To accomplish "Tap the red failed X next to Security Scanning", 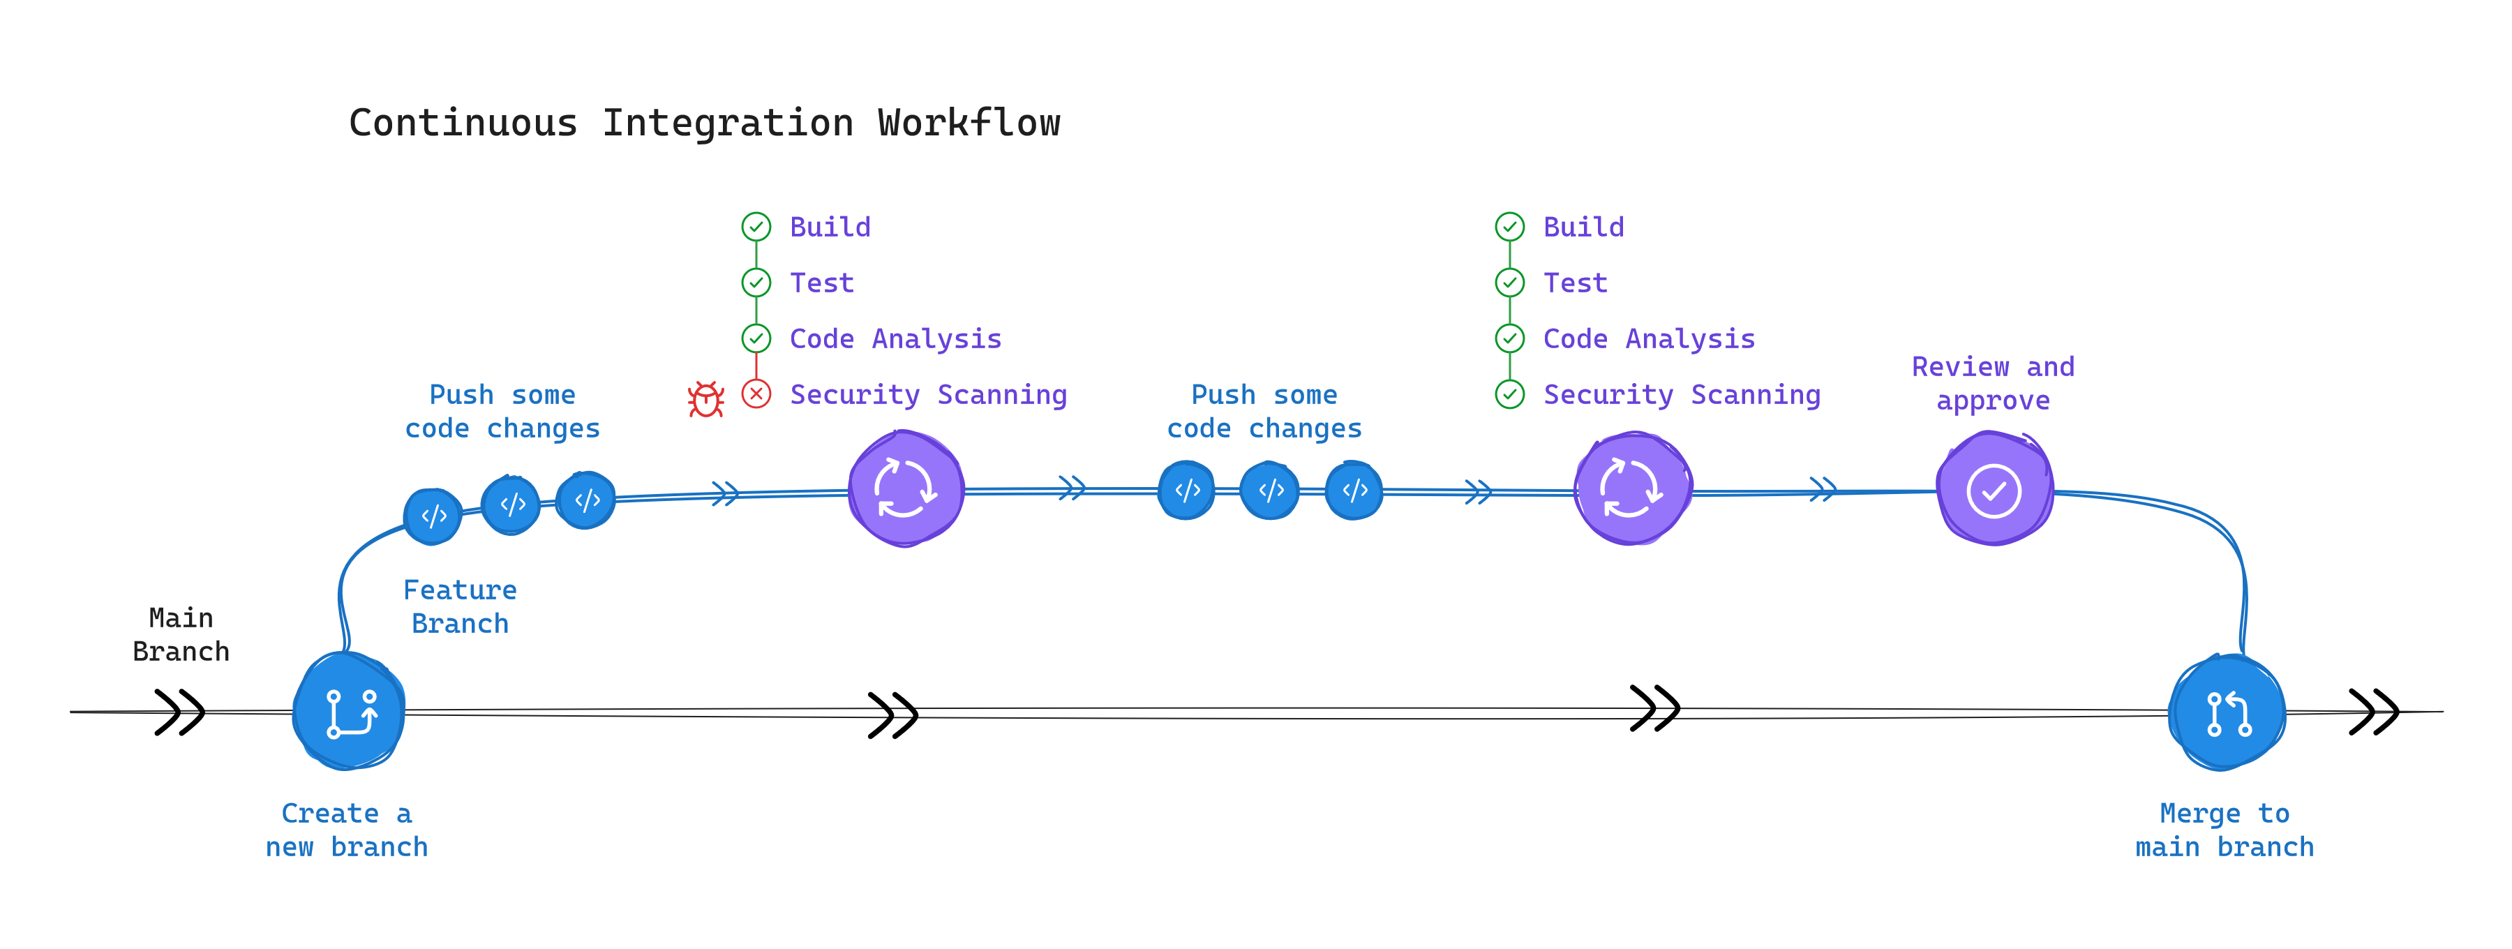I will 756,394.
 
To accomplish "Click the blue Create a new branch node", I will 349,711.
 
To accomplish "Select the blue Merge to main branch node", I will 2227,713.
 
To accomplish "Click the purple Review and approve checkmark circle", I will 1994,490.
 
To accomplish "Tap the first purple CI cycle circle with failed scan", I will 905,488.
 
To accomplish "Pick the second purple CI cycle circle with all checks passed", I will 1631,488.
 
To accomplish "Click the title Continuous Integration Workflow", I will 704,123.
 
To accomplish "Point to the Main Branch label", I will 181,634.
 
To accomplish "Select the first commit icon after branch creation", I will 433,515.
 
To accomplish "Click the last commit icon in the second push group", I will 1354,491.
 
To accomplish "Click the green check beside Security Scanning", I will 1509,394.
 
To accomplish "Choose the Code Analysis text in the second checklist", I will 1648,338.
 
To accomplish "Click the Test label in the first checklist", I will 821,283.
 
